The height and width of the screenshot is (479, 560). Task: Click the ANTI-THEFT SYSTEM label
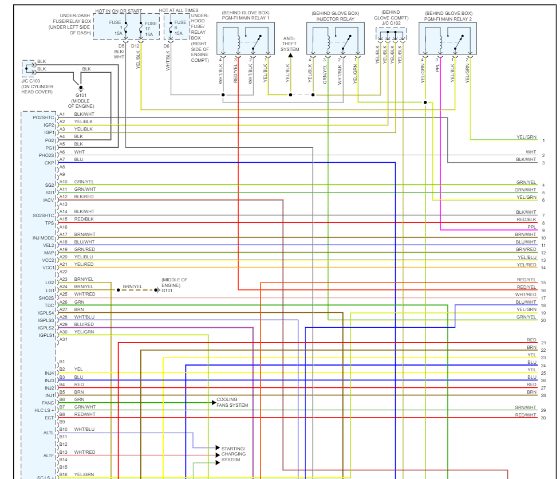click(290, 44)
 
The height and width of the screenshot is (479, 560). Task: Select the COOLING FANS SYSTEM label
click(232, 403)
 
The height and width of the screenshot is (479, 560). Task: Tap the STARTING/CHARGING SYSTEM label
click(233, 454)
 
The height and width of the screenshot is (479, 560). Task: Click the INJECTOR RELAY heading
click(335, 16)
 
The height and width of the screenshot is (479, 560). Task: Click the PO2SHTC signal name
click(43, 118)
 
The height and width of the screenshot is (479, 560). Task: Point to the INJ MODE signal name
click(43, 238)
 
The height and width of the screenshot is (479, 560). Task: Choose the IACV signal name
click(48, 200)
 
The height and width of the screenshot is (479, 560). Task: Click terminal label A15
click(63, 219)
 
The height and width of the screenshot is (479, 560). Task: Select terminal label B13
click(63, 452)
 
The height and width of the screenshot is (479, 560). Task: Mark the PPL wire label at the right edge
click(532, 227)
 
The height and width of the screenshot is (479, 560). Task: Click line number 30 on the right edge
click(543, 418)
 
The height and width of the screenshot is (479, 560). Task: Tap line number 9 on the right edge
click(543, 230)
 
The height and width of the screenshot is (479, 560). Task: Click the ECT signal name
click(49, 418)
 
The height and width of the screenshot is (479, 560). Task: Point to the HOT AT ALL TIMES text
click(179, 10)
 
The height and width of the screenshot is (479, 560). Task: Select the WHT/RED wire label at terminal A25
click(85, 294)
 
